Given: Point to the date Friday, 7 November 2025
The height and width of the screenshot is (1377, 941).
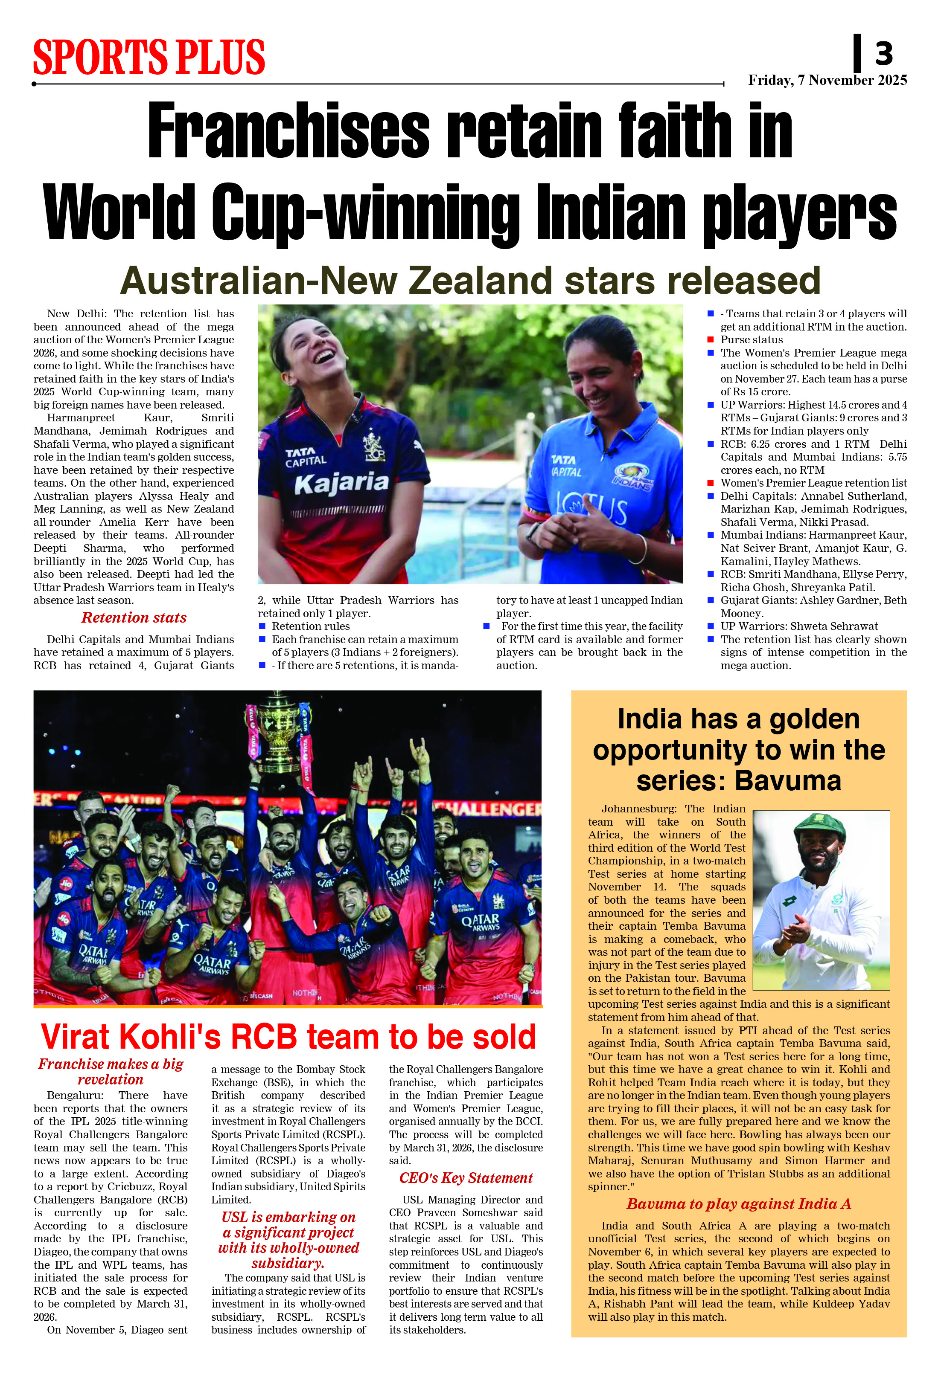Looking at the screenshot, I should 827,80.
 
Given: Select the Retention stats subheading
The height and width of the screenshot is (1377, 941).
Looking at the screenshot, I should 134,618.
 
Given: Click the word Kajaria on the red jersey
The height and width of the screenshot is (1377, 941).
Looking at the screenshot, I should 341,483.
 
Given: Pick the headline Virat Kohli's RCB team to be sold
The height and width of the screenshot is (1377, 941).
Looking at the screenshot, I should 288,1037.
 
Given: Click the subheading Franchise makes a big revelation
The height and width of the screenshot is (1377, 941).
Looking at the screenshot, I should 111,1072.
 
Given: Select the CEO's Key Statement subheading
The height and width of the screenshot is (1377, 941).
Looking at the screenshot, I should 466,1178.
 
